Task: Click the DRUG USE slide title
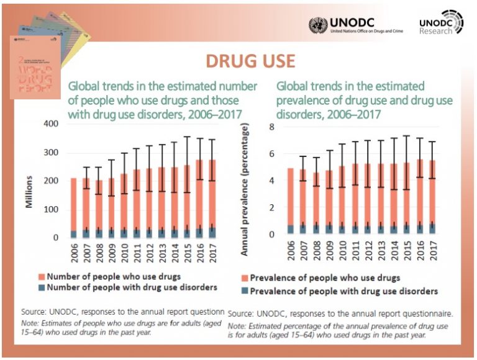(x=250, y=61)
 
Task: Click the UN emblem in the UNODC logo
(x=319, y=25)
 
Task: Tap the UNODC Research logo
(x=440, y=23)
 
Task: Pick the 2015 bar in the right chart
(x=406, y=198)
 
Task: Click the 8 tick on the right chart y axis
(x=271, y=127)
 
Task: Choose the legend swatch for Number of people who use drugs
(x=42, y=276)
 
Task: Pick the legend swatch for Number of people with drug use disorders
(x=42, y=287)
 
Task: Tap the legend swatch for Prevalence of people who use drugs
(x=245, y=278)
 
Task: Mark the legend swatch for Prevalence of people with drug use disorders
(x=245, y=291)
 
